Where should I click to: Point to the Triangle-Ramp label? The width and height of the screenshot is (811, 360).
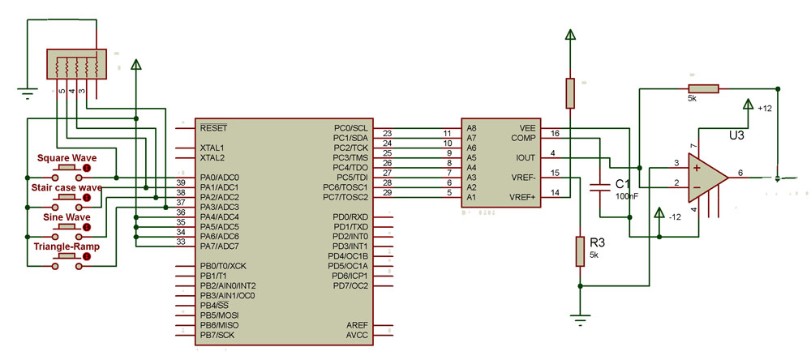click(67, 246)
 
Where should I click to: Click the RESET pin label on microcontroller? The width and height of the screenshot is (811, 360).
click(214, 128)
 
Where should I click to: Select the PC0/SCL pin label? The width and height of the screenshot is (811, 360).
click(350, 128)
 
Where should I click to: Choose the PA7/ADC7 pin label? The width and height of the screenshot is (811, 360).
click(219, 246)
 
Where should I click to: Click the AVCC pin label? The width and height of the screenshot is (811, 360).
click(357, 335)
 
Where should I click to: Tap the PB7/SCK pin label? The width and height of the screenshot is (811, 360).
click(217, 335)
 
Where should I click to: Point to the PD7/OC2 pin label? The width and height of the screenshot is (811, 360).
click(350, 285)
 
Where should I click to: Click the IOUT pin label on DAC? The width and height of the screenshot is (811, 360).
click(526, 157)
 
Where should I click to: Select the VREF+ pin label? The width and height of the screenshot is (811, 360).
click(522, 197)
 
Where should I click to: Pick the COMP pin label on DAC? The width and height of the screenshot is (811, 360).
click(524, 138)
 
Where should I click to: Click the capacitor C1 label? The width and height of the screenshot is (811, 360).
click(623, 183)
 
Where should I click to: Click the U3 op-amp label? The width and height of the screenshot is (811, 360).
click(736, 135)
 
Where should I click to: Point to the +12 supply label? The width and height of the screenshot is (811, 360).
click(765, 108)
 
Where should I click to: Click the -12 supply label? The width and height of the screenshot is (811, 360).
click(676, 216)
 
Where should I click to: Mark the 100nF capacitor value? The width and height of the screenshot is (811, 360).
click(627, 196)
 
